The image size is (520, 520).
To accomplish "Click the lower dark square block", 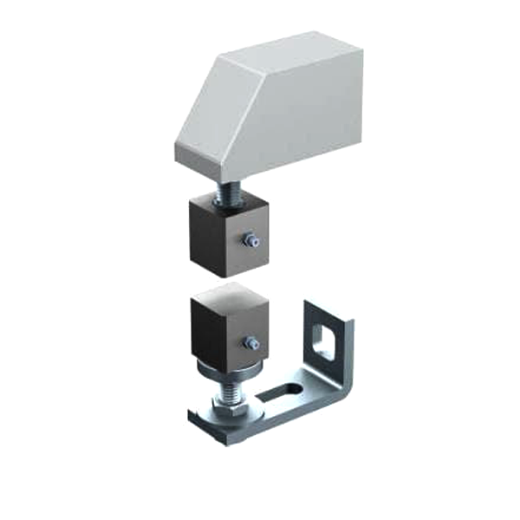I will pyautogui.click(x=227, y=334).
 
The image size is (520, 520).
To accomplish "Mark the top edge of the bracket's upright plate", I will pyautogui.click(x=329, y=309).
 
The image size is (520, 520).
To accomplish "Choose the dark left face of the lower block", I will pyautogui.click(x=204, y=338).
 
